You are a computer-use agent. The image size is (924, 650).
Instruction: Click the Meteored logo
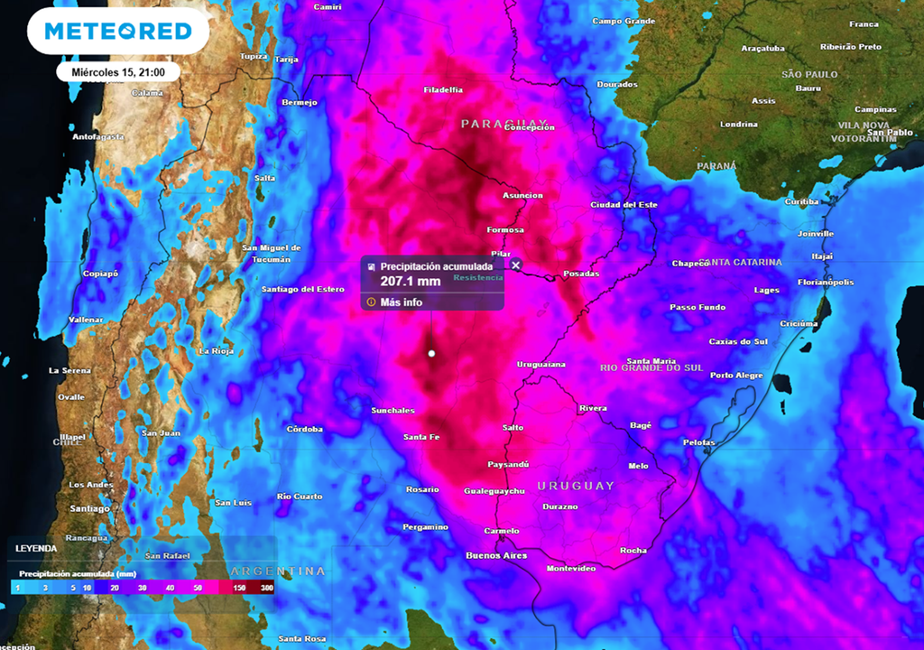(118, 32)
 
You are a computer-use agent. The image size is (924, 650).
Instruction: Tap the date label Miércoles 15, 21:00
(118, 72)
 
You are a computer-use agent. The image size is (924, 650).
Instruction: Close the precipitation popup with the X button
(516, 265)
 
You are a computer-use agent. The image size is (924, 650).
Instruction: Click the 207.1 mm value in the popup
(411, 282)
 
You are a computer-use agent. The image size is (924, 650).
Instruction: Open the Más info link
(401, 302)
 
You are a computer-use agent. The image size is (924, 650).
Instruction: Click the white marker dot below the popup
(431, 354)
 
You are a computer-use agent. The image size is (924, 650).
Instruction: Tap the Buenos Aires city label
(495, 555)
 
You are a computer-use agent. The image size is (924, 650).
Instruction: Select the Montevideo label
(571, 569)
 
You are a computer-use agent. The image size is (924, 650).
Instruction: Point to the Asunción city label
(522, 196)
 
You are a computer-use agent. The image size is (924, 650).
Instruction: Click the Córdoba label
(305, 429)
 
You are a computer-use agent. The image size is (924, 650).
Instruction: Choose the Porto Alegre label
(736, 375)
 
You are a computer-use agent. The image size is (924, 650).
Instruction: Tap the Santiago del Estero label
(303, 289)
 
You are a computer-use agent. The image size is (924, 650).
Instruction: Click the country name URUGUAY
(576, 486)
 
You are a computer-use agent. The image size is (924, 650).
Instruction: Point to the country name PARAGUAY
(504, 123)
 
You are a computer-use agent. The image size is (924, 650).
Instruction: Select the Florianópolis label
(826, 283)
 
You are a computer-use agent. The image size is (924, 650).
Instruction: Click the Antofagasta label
(98, 137)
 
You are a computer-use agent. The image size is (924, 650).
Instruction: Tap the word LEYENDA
(35, 548)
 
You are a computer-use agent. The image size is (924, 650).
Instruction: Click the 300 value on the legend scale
(267, 588)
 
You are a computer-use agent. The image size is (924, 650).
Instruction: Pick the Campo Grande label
(623, 21)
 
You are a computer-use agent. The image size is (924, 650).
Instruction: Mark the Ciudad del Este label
(624, 205)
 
